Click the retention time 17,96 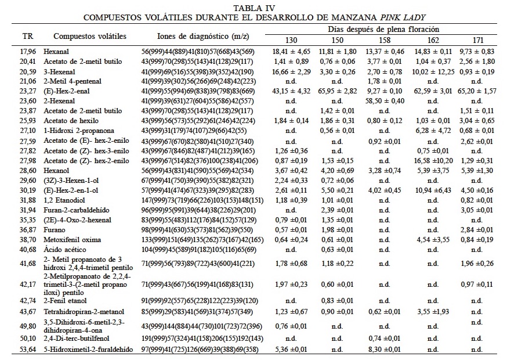(28, 52)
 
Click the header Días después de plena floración (383, 28)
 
